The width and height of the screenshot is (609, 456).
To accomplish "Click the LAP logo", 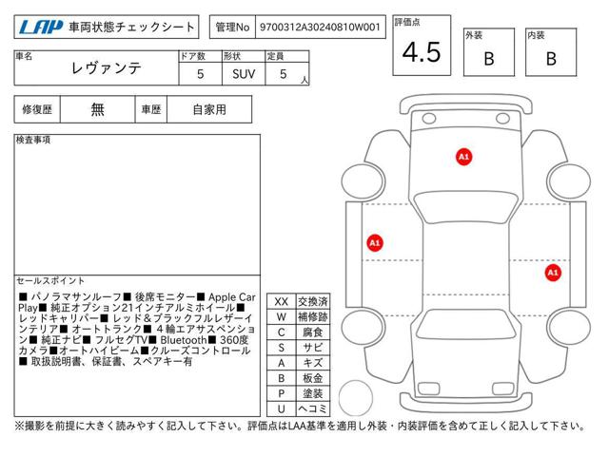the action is point(41,28).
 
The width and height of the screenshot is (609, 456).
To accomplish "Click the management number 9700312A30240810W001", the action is point(320,28).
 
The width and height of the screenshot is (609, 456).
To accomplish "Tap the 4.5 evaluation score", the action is point(422,52).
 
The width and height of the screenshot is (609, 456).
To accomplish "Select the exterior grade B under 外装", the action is point(489,59).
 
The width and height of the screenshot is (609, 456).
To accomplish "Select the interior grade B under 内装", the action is point(551,59).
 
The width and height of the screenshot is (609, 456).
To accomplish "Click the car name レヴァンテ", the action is point(106,68).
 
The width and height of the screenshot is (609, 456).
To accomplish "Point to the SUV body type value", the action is point(244,74).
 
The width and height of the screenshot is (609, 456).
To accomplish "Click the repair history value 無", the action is point(97,110).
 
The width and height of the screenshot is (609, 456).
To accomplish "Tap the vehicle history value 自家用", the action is point(209,110).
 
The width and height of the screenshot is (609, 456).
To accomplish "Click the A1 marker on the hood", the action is point(463,157).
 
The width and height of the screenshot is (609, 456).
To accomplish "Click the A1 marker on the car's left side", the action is point(375,243).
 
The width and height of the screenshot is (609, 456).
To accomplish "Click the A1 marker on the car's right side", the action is point(553,273).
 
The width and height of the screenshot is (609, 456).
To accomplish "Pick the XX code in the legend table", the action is point(282,302).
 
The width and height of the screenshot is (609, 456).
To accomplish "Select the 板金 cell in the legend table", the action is point(313,378).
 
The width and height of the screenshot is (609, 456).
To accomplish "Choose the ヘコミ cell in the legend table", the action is point(313,408).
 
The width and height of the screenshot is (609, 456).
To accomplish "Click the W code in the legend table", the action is point(282,317).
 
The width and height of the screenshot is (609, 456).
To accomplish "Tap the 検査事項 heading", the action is point(33,140).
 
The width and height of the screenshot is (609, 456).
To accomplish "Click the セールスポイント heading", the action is point(50,281).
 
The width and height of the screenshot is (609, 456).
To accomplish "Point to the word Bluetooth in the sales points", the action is point(184,340).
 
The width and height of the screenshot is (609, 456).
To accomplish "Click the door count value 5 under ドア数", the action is point(201,74).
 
